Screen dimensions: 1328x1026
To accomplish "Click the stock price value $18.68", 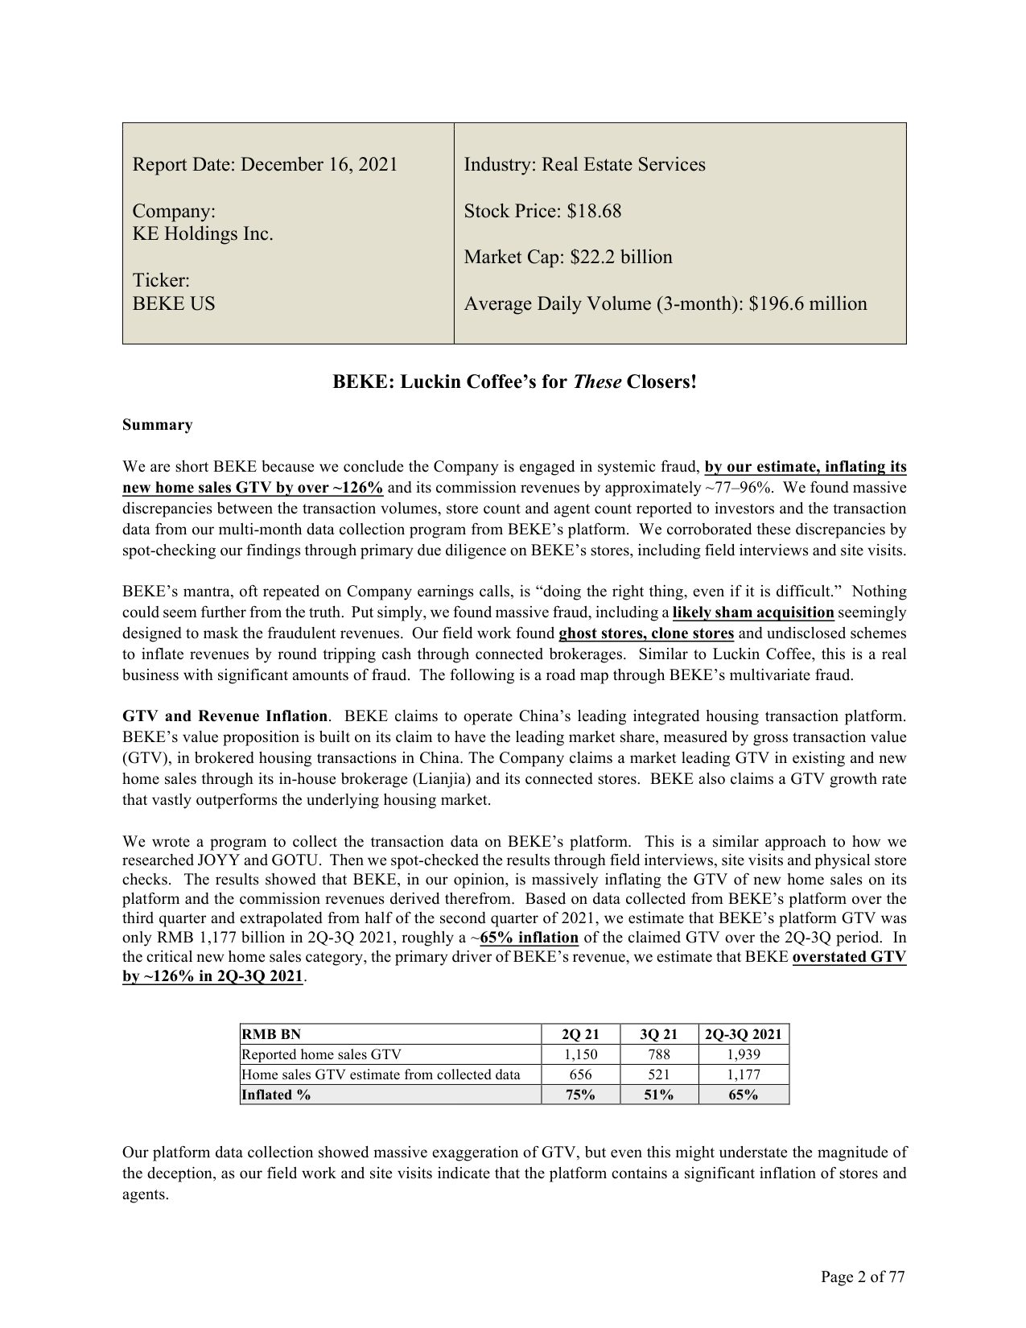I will click(594, 211).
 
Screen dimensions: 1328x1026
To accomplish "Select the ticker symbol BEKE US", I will click(174, 303).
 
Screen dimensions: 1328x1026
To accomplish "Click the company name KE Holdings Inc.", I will click(203, 233).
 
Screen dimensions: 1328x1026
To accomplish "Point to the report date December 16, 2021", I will click(319, 164).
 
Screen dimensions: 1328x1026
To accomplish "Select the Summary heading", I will click(157, 425).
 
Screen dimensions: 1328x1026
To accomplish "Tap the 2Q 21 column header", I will click(580, 1034).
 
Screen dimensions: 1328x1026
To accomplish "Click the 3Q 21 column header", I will click(659, 1034).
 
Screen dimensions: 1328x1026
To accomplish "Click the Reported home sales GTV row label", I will click(321, 1054).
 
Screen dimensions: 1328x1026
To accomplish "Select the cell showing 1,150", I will click(580, 1054).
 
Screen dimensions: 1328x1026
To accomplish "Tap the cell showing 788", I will click(659, 1054).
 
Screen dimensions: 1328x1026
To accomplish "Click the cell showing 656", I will click(580, 1074).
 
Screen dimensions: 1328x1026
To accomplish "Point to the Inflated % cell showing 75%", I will click(580, 1095).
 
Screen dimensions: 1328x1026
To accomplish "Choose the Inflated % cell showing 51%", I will click(659, 1095).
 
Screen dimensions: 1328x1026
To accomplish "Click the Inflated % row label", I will click(276, 1095).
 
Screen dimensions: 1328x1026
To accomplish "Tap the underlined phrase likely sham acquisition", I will click(752, 612).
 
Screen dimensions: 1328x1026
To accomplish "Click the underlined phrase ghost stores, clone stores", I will click(645, 633).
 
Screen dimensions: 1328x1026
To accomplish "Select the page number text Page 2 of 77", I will click(863, 1276).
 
